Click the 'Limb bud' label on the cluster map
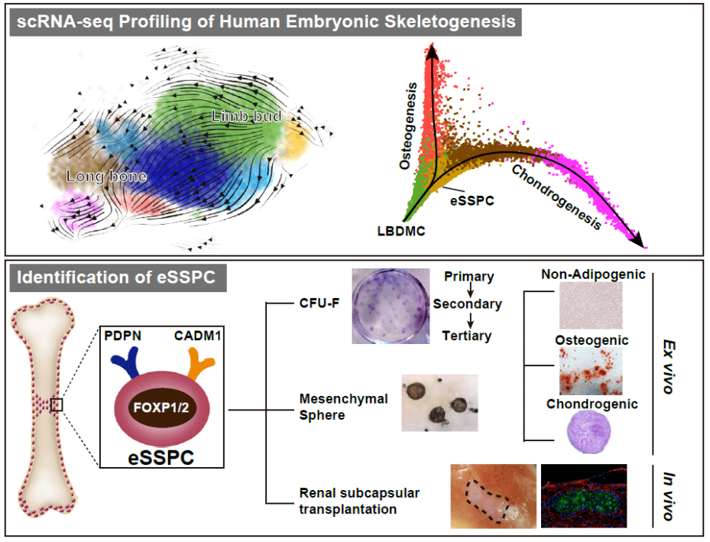click(x=247, y=116)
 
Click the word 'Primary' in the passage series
click(x=468, y=277)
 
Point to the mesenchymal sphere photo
click(x=439, y=402)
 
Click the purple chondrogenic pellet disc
click(x=589, y=435)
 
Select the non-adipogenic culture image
click(x=590, y=307)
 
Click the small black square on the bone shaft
click(x=57, y=404)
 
